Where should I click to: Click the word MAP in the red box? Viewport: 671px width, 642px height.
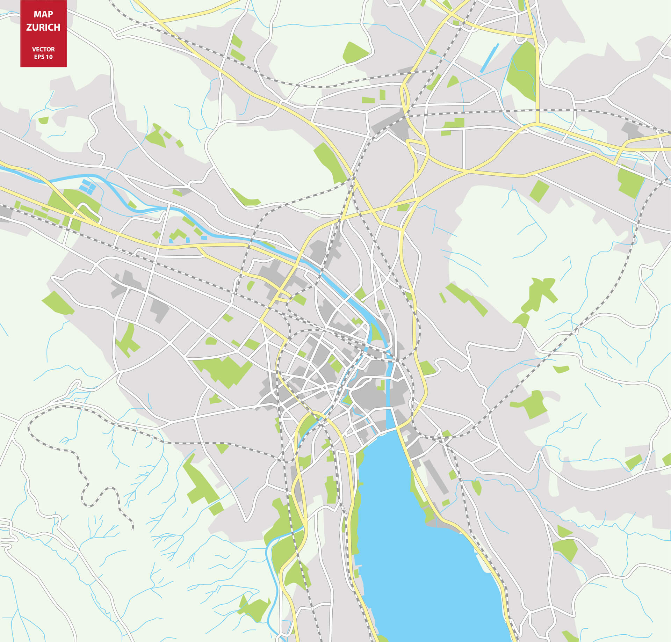click(43, 14)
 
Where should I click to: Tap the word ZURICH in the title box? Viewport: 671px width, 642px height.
click(43, 27)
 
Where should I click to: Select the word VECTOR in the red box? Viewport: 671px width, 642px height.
click(43, 49)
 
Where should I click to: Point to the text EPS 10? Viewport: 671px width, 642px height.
click(43, 57)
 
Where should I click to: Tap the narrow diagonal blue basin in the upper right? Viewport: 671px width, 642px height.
click(489, 58)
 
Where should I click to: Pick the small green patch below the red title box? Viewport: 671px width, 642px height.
click(43, 120)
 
